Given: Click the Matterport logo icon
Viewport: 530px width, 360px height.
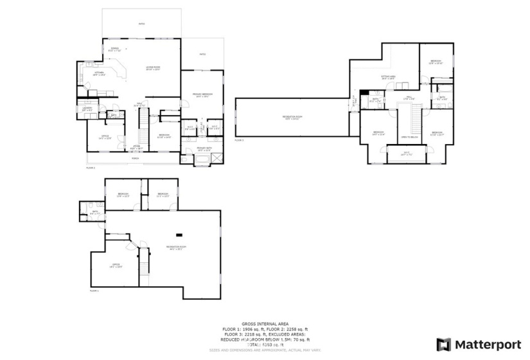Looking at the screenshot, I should [445, 344].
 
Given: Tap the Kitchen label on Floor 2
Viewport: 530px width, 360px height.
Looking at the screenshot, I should [99, 73].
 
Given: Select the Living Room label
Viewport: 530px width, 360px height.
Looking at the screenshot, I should [153, 67].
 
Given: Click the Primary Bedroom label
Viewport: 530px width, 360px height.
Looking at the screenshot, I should [202, 95].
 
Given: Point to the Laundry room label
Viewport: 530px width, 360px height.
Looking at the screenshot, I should [87, 108].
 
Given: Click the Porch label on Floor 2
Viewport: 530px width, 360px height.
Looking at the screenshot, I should [135, 157].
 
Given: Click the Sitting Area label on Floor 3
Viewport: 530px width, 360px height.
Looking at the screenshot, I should [388, 76].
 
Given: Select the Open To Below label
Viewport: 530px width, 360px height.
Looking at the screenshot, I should [409, 137].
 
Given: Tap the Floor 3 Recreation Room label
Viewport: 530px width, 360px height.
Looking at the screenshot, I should [292, 117].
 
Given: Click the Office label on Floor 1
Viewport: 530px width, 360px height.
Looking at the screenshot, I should [116, 265].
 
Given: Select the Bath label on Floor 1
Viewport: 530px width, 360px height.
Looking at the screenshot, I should [94, 212].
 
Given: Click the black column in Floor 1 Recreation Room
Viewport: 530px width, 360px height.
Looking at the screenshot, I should [180, 234].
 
